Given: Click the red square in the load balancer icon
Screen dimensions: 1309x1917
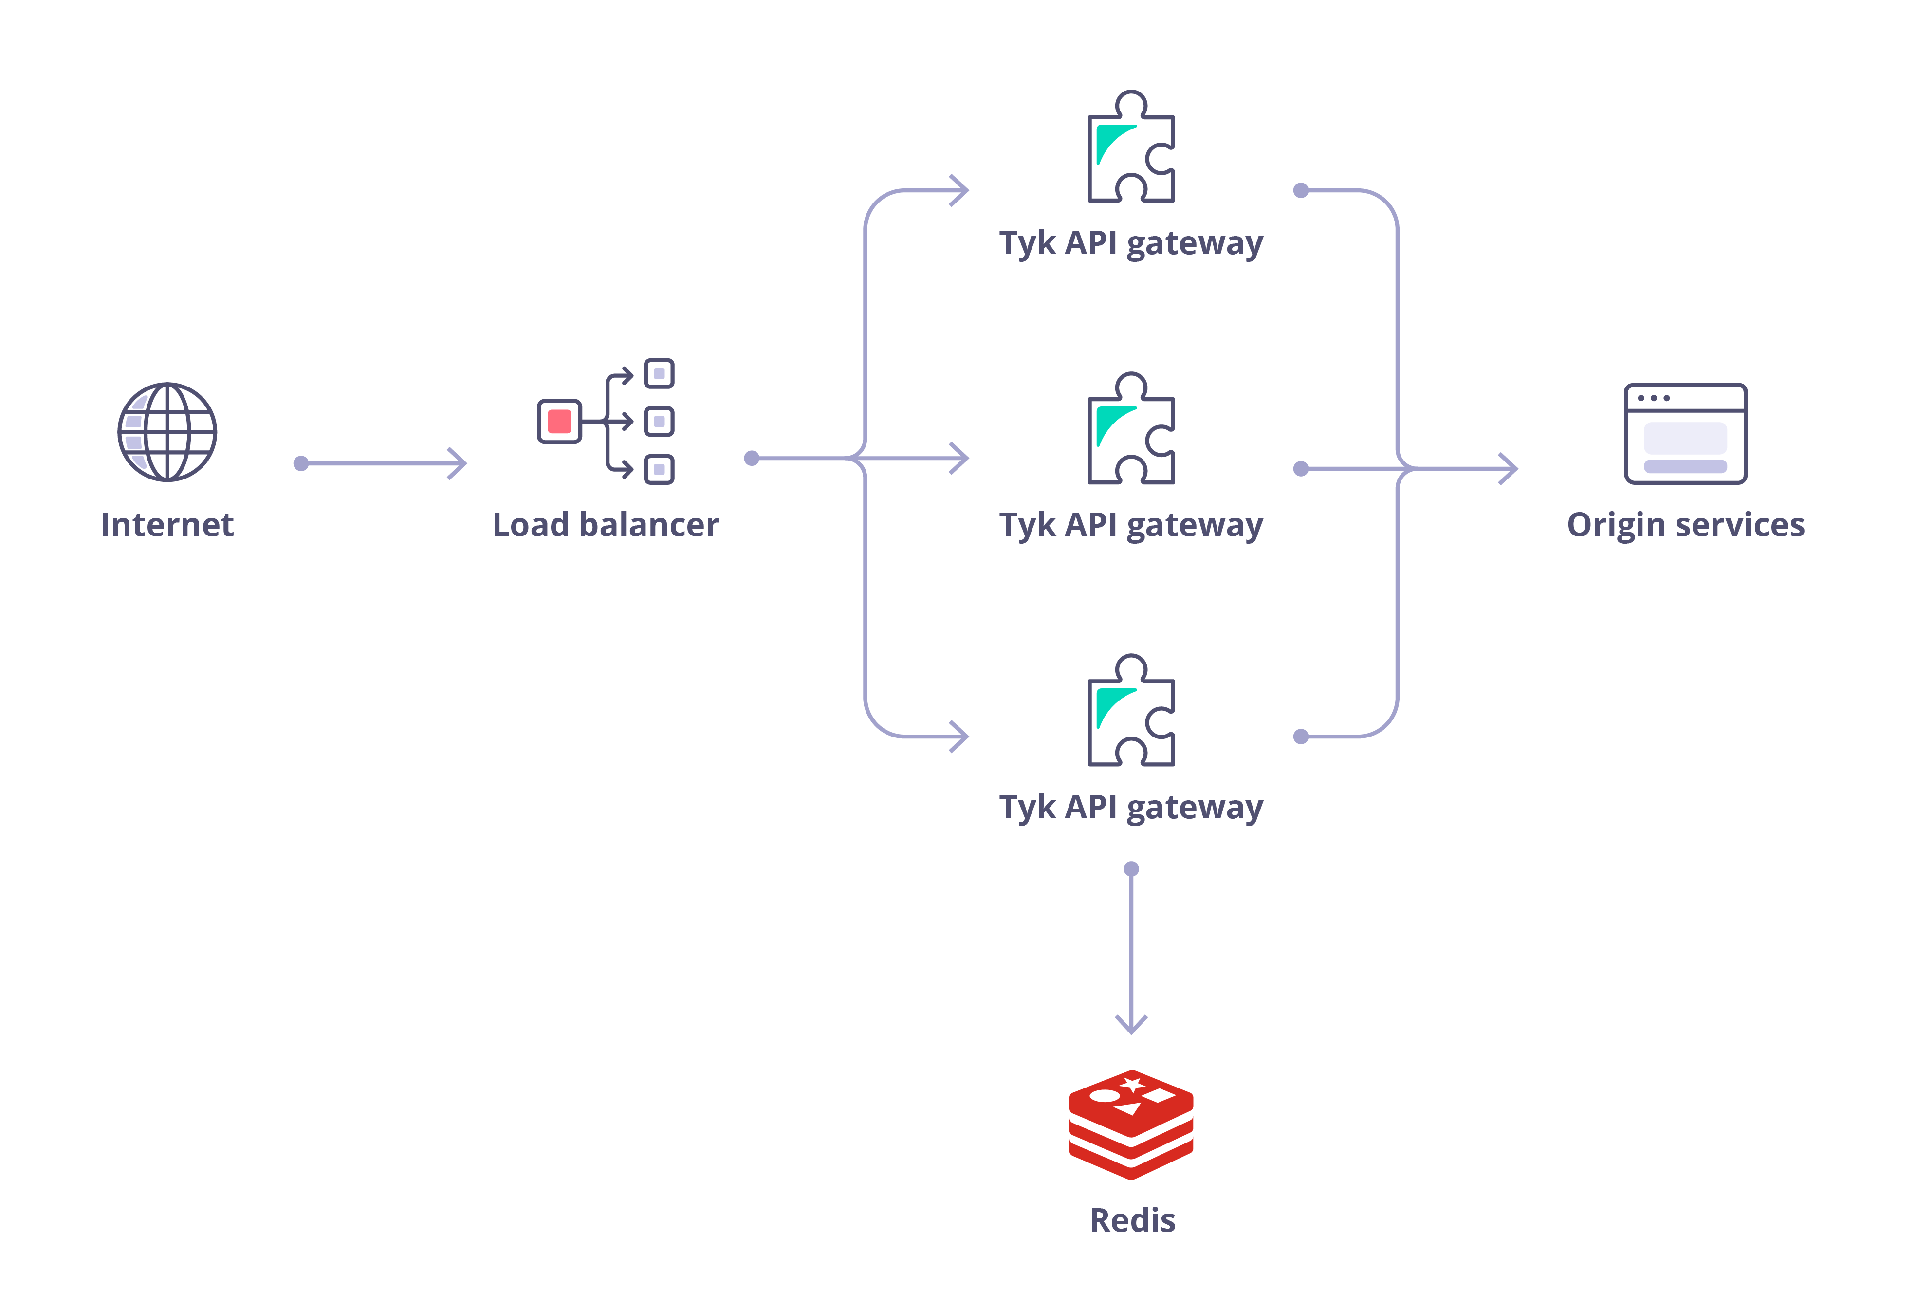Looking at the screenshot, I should point(559,422).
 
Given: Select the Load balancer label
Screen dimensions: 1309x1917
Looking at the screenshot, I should point(606,525).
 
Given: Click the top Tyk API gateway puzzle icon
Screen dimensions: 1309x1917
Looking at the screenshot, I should point(1131,148).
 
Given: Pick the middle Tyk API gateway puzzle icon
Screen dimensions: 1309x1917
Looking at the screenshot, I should point(1131,430).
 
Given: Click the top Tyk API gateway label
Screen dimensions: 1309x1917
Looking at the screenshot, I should point(1131,243).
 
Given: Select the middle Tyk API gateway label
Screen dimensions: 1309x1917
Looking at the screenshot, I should point(1131,525).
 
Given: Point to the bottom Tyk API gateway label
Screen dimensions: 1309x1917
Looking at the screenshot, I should point(1131,808).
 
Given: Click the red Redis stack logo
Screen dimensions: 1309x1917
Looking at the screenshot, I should point(1131,1124).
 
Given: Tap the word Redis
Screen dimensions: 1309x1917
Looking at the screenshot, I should point(1132,1220).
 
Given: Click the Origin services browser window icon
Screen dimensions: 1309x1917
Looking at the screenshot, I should point(1685,433).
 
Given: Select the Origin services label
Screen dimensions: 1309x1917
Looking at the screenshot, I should point(1685,525).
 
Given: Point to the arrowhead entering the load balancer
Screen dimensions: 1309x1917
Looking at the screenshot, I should point(459,463).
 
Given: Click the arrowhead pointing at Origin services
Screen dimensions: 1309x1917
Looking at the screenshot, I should point(1510,468).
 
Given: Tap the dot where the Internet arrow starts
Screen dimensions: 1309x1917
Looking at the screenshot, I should point(301,463).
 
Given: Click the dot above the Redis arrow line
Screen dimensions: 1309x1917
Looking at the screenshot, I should point(1131,868).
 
